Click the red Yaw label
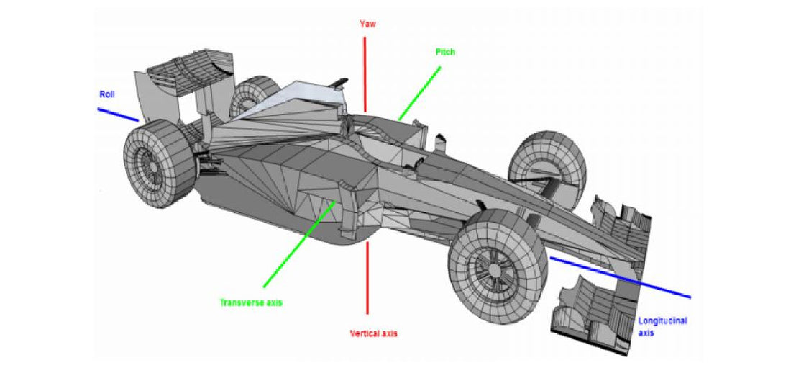tap(367, 24)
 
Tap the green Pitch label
tap(446, 53)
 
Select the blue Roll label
tap(107, 94)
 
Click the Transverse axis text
tap(251, 302)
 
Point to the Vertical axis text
tap(373, 333)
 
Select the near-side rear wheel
tap(158, 166)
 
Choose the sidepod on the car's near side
tap(302, 187)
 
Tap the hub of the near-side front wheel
tap(495, 269)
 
